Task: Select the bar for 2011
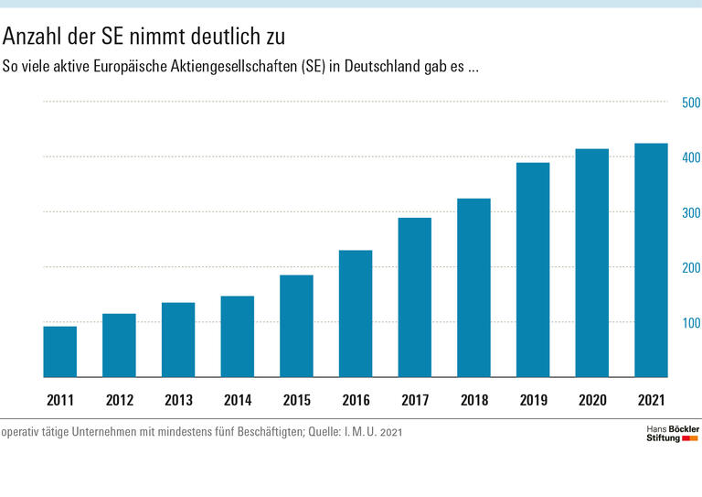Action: pyautogui.click(x=60, y=351)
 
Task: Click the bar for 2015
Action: pyautogui.click(x=296, y=326)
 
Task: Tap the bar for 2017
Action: pyautogui.click(x=415, y=297)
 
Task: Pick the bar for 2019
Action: pyautogui.click(x=533, y=270)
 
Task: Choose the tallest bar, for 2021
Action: pyautogui.click(x=651, y=260)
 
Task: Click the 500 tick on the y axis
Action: pyautogui.click(x=691, y=103)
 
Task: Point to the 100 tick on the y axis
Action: pyautogui.click(x=691, y=323)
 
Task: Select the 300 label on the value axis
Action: pyautogui.click(x=691, y=213)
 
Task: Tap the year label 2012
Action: pyautogui.click(x=119, y=400)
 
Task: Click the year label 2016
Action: pyautogui.click(x=356, y=400)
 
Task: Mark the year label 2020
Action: pyautogui.click(x=592, y=400)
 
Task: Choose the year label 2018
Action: pyautogui.click(x=473, y=400)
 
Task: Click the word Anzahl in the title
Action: pyautogui.click(x=32, y=37)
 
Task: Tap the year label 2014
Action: pyautogui.click(x=237, y=400)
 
